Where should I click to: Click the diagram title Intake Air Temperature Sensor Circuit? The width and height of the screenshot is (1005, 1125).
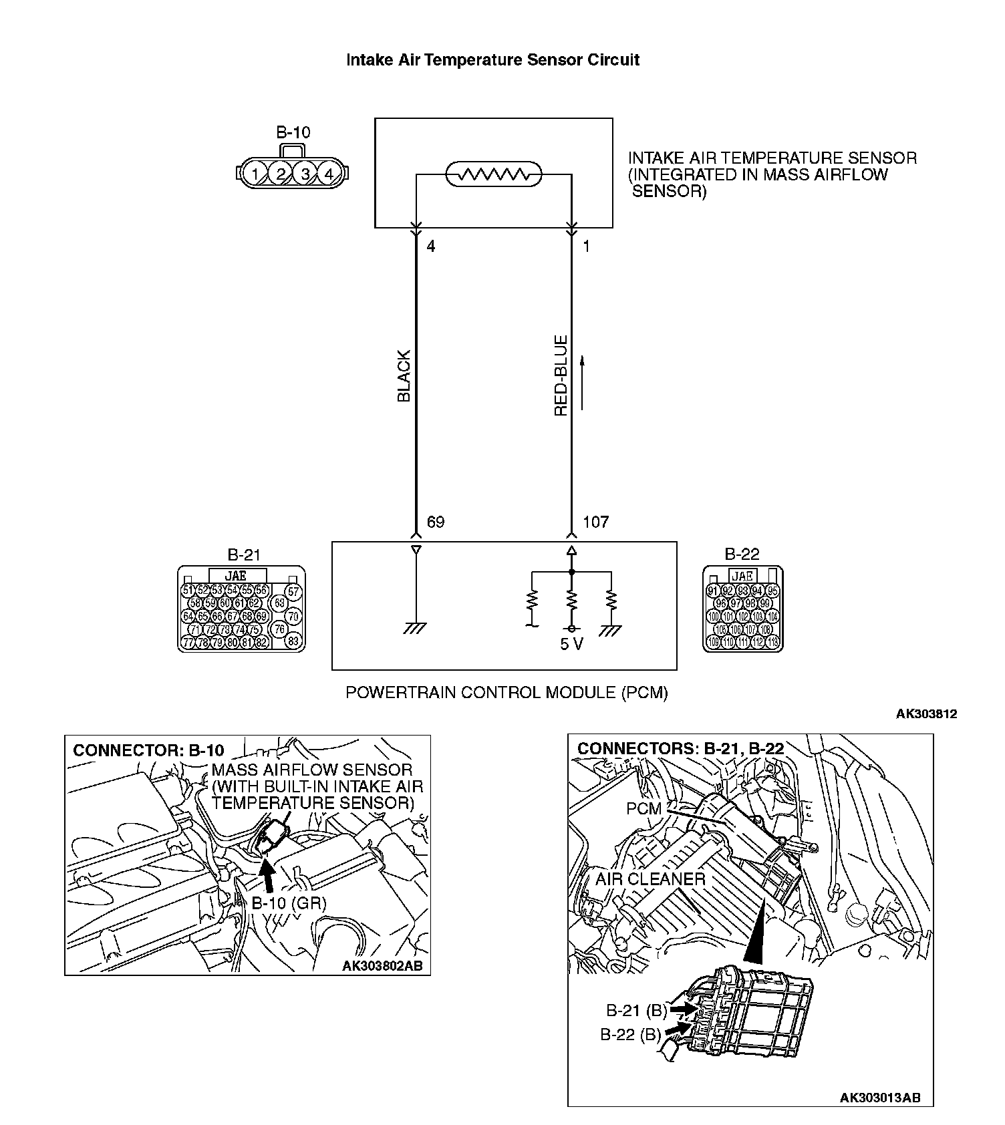click(x=492, y=60)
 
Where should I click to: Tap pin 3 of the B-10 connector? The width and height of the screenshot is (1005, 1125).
click(x=305, y=174)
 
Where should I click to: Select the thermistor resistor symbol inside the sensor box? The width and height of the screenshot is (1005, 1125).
click(x=494, y=175)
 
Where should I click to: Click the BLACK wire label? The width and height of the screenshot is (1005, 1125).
click(x=404, y=375)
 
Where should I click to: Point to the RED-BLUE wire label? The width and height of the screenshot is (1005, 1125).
click(x=561, y=375)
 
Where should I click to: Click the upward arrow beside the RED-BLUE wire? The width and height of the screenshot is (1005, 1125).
click(x=583, y=382)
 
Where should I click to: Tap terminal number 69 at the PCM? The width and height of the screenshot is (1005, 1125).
click(x=435, y=522)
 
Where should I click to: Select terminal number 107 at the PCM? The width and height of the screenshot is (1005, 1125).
click(x=595, y=522)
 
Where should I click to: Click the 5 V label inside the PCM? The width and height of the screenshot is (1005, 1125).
click(x=571, y=645)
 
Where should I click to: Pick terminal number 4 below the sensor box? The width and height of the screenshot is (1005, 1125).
click(x=431, y=247)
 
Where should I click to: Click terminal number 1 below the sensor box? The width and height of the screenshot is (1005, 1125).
click(x=586, y=247)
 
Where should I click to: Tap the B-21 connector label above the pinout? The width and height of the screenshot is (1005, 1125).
click(x=244, y=554)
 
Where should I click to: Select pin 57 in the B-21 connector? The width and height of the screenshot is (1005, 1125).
click(x=293, y=592)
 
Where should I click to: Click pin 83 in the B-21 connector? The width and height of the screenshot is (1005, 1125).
click(x=293, y=641)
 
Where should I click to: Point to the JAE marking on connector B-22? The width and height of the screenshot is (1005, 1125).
click(x=742, y=575)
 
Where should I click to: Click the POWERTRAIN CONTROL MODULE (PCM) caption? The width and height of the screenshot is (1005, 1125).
click(x=507, y=692)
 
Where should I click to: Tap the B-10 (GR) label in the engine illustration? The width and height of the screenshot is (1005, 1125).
click(x=289, y=903)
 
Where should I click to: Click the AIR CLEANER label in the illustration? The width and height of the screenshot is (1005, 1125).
click(x=650, y=879)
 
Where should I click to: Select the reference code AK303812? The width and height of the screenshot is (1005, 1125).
click(x=926, y=713)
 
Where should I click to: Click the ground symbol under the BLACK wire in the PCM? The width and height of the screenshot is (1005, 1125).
click(x=416, y=627)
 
